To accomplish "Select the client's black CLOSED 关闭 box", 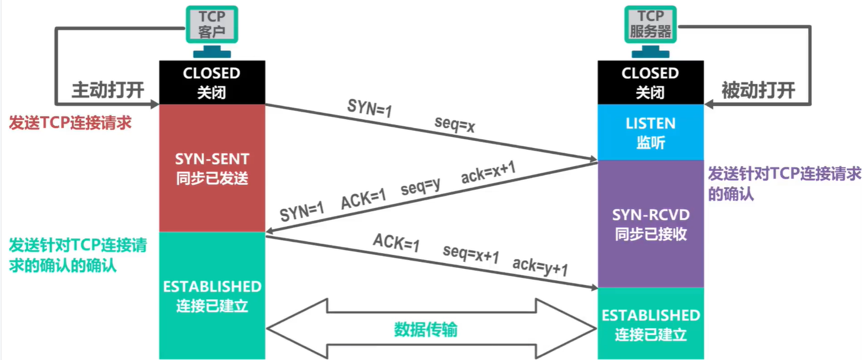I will [x=212, y=83].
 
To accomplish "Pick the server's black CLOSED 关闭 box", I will [x=650, y=83].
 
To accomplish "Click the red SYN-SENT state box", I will [x=212, y=168].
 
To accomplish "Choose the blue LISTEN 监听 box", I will [x=650, y=132].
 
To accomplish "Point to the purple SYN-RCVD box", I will [x=650, y=224].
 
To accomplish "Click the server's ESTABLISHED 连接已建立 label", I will [x=650, y=324].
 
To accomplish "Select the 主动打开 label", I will [x=107, y=90].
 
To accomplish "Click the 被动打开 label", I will [x=758, y=90].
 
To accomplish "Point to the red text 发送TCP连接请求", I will [x=70, y=123].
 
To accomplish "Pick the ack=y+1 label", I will [x=540, y=266].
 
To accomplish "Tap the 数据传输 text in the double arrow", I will [x=426, y=329].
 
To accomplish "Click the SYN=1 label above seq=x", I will [x=369, y=110].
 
